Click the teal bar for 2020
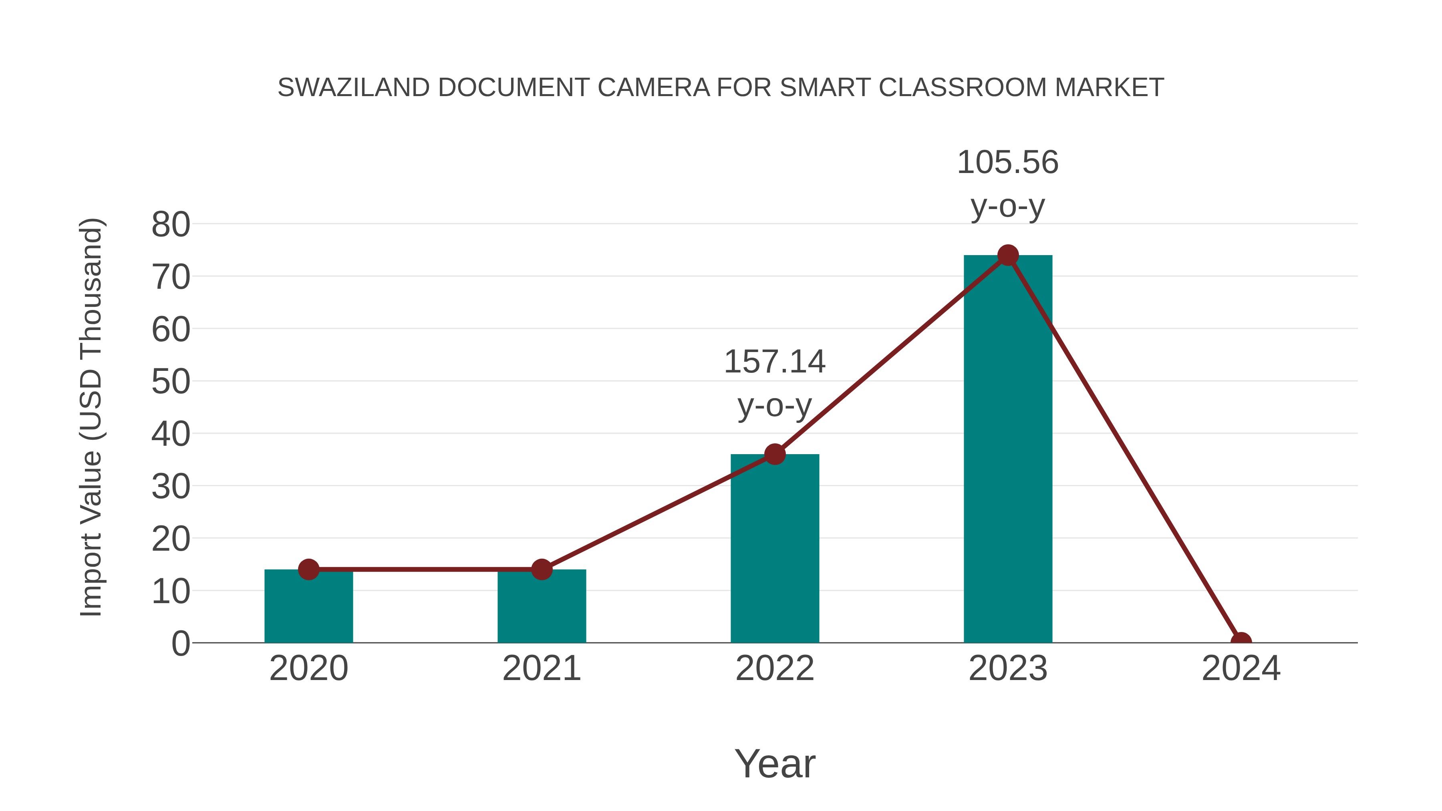308,607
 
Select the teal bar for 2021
541,607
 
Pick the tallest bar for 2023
1008,448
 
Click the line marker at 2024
1241,642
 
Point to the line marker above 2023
1008,255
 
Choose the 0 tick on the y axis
181,644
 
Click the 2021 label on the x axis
541,668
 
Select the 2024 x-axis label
1241,668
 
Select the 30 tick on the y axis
171,487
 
